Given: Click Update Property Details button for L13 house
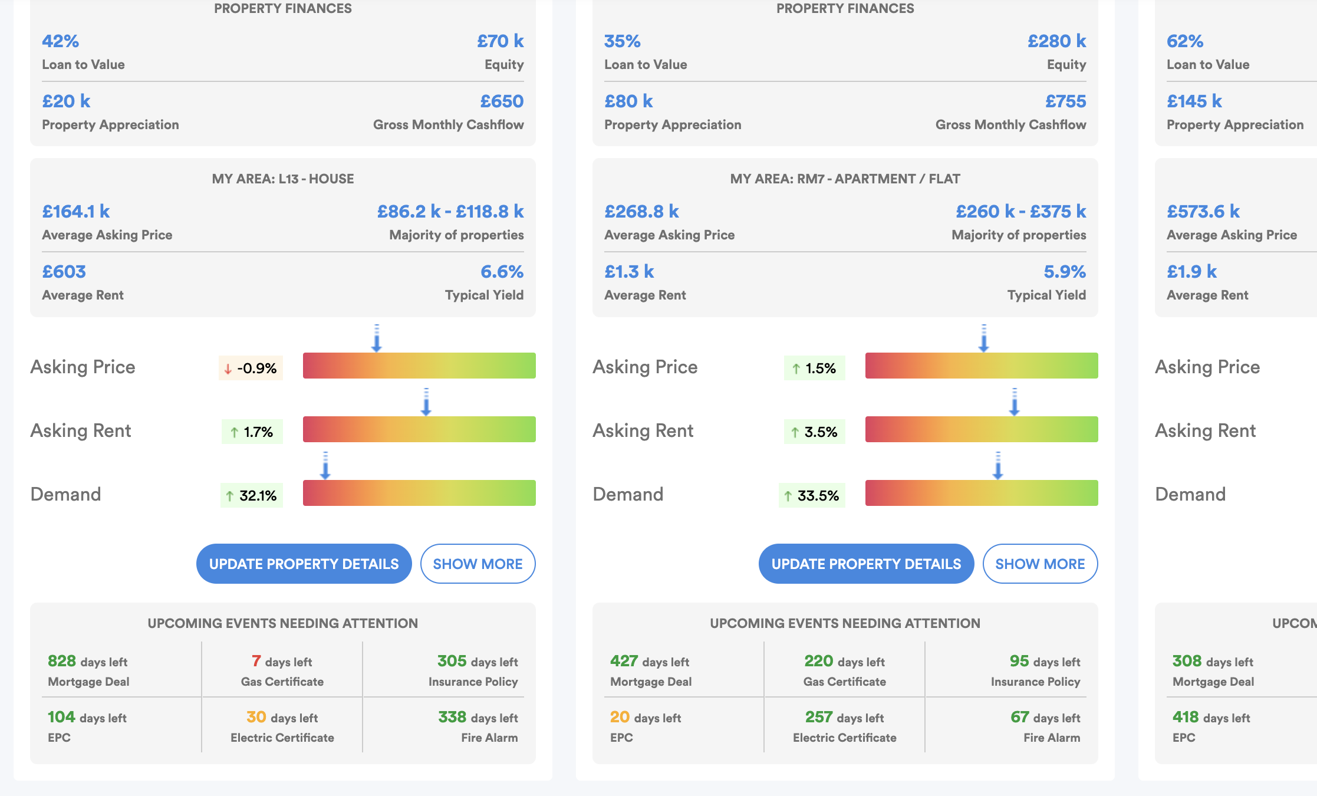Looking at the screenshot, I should click(304, 564).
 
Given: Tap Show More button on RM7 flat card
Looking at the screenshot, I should click(1040, 564).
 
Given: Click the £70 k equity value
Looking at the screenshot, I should click(500, 41).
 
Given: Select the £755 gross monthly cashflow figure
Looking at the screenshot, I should click(1065, 101).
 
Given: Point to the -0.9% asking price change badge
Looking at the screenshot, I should click(251, 369).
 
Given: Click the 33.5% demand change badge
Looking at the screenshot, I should click(812, 496).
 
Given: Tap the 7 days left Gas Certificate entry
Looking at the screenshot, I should click(282, 662).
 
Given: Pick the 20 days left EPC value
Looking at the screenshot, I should click(645, 718).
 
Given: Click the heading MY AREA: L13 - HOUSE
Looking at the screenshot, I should click(283, 179).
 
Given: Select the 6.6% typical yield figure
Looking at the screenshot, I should click(502, 272).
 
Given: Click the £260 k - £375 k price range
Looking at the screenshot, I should click(1020, 212).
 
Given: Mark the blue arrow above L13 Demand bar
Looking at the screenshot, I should click(325, 466).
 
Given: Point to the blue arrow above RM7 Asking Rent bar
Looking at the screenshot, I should click(1014, 402).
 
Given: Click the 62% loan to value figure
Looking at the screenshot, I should click(1185, 41).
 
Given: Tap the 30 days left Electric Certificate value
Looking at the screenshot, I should click(282, 718).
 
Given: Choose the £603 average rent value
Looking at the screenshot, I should click(64, 272).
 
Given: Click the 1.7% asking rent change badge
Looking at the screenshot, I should click(252, 432).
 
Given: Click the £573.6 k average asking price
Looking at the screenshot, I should click(1203, 212).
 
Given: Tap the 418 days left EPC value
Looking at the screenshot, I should click(1211, 718).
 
